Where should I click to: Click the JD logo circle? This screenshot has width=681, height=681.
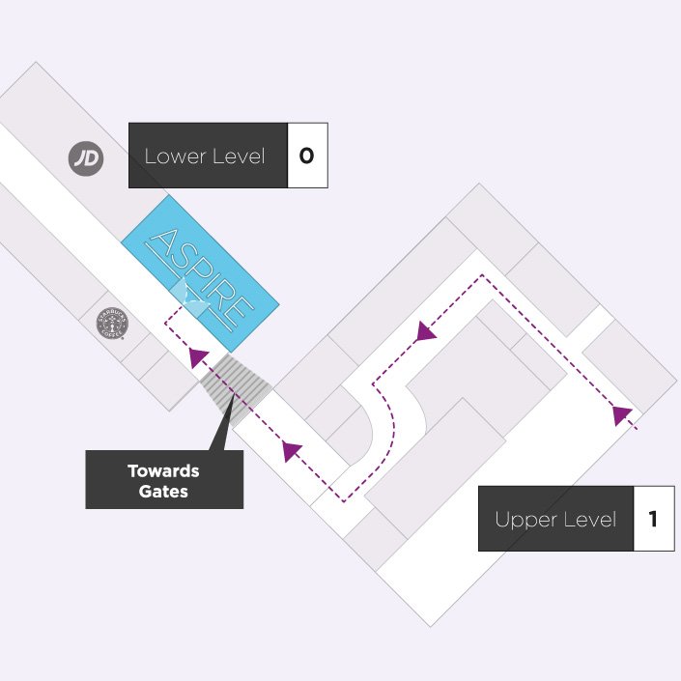point(86,158)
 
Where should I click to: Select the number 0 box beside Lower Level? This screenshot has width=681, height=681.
point(307,155)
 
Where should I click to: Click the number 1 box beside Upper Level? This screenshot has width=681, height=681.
point(653,519)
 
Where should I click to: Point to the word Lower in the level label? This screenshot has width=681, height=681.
point(174,156)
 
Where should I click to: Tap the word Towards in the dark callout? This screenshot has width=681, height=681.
point(163,471)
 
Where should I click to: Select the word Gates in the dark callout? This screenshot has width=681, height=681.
point(163,492)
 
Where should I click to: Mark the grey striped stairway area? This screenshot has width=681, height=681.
point(236,383)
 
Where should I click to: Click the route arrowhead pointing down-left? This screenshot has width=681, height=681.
point(423,332)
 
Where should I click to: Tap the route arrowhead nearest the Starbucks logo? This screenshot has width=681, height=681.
point(198,357)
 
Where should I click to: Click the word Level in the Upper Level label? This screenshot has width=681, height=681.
point(591,520)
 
